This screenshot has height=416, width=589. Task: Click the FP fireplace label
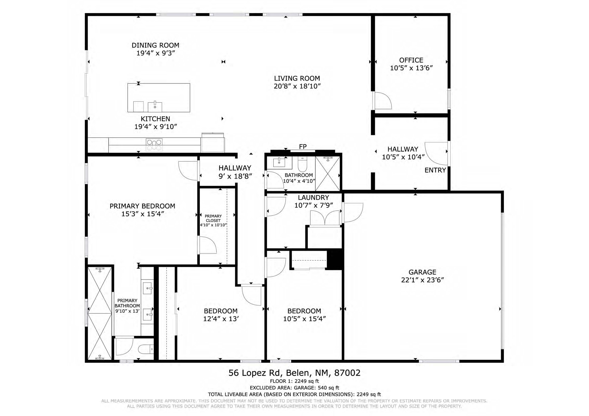pyautogui.click(x=303, y=147)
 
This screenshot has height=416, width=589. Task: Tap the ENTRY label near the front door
pyautogui.click(x=435, y=170)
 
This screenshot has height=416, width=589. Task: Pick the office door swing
pyautogui.click(x=383, y=100)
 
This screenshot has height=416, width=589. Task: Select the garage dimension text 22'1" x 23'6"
pyautogui.click(x=422, y=280)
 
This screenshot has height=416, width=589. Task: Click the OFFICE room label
pyautogui.click(x=411, y=60)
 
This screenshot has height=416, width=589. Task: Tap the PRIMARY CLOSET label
pyautogui.click(x=213, y=218)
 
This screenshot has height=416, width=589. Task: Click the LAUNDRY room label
pyautogui.click(x=313, y=198)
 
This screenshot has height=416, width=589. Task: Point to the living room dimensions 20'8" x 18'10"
pyautogui.click(x=297, y=86)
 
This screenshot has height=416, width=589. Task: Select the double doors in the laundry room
pyautogui.click(x=325, y=218)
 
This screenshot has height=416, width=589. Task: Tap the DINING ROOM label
pyautogui.click(x=155, y=45)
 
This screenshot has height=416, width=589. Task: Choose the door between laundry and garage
pyautogui.click(x=353, y=212)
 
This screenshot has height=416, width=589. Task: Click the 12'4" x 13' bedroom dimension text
pyautogui.click(x=221, y=319)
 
